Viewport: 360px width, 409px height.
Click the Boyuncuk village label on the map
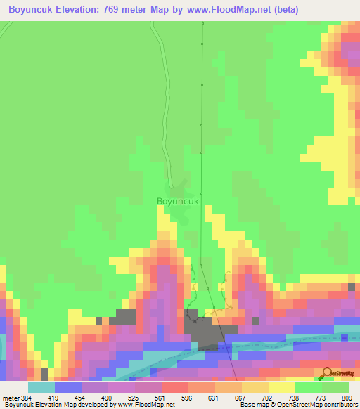[x=179, y=201]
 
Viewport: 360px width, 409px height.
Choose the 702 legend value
[x=266, y=398]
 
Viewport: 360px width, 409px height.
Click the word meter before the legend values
[x=11, y=398]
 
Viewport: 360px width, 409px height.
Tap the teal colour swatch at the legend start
[x=41, y=387]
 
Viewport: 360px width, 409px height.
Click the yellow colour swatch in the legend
[x=281, y=387]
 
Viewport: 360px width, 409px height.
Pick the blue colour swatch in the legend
[x=68, y=387]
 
